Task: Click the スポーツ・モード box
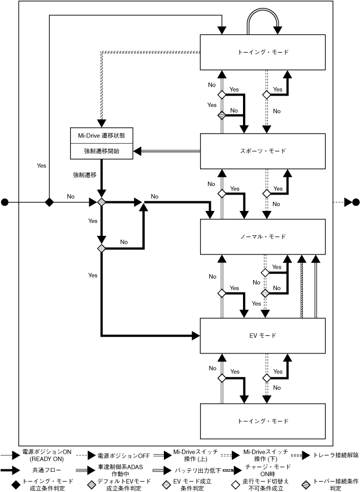click(x=263, y=152)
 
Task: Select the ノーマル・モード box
click(x=263, y=236)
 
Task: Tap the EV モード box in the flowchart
click(x=263, y=335)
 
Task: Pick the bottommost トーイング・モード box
click(x=263, y=421)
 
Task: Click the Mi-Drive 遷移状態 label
click(x=101, y=136)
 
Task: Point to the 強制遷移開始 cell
click(x=101, y=151)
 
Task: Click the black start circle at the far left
click(x=6, y=202)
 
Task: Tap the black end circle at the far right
click(x=355, y=202)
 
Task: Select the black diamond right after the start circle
click(x=49, y=202)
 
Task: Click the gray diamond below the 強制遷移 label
click(x=102, y=202)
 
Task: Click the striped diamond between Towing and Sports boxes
click(x=222, y=115)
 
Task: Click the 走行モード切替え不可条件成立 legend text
click(x=266, y=484)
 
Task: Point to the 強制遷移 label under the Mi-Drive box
click(x=85, y=175)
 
